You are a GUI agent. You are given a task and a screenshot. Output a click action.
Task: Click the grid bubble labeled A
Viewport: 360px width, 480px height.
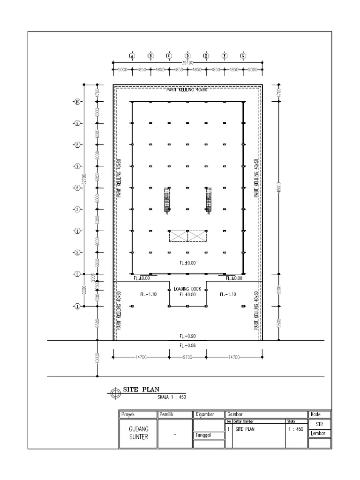(132, 55)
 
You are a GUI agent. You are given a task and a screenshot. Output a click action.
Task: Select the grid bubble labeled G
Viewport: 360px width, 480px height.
(243, 55)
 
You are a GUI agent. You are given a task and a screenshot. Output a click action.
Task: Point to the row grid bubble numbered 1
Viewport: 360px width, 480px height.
(77, 307)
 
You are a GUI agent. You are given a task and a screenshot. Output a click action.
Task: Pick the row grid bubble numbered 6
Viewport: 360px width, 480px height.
(77, 188)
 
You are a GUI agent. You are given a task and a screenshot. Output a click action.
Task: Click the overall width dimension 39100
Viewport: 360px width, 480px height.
(187, 62)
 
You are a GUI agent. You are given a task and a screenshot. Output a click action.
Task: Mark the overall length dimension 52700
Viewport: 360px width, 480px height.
(84, 178)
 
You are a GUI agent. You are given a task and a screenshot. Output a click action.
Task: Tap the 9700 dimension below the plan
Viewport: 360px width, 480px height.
(187, 357)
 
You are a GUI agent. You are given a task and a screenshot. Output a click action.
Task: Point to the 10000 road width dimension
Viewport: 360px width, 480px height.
(97, 358)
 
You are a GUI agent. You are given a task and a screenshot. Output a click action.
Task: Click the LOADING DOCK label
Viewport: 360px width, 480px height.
(187, 289)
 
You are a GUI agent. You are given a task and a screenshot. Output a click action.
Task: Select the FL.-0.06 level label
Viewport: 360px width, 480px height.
(187, 345)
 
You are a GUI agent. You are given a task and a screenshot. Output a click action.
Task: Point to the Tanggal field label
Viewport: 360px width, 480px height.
(203, 435)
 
